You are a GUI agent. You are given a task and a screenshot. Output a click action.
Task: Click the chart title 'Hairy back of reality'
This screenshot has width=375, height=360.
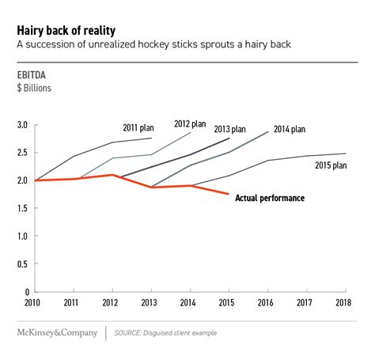click(x=66, y=31)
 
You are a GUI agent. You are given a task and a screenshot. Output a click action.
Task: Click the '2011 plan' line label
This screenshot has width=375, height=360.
click(x=138, y=128)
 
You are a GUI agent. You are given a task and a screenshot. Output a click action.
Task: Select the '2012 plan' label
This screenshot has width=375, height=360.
click(x=190, y=123)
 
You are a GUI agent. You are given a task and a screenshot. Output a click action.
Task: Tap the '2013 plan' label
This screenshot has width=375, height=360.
click(x=229, y=129)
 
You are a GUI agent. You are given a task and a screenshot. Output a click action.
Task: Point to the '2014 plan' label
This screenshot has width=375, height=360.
click(x=290, y=129)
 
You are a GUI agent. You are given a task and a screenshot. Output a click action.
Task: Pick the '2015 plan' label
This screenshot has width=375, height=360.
click(x=331, y=165)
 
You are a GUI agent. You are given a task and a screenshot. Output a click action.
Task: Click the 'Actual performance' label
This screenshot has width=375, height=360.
click(x=270, y=198)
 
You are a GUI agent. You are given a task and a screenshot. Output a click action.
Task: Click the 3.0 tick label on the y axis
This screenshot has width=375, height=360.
click(x=22, y=125)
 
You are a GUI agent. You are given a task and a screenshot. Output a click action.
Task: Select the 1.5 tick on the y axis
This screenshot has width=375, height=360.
click(x=22, y=208)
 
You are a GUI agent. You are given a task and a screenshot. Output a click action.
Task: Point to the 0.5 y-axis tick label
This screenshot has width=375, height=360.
click(x=22, y=263)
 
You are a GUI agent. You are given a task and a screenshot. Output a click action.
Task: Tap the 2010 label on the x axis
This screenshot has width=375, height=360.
click(x=32, y=302)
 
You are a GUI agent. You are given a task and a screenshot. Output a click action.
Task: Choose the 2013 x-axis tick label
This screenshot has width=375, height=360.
click(x=149, y=302)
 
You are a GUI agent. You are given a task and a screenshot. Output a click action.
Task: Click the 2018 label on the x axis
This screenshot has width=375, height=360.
click(x=343, y=302)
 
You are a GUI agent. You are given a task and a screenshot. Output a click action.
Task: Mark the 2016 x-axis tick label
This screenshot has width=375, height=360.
click(x=266, y=302)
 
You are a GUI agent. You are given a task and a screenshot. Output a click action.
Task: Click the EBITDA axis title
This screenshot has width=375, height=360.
click(x=32, y=75)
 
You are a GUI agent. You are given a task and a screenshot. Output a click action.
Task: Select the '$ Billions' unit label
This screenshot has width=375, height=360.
click(x=34, y=88)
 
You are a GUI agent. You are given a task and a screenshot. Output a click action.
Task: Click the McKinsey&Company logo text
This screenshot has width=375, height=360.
click(x=57, y=332)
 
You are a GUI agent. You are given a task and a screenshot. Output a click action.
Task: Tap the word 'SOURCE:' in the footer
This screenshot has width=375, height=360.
click(x=127, y=333)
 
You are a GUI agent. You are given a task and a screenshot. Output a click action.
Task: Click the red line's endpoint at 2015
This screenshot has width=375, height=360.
click(x=229, y=194)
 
